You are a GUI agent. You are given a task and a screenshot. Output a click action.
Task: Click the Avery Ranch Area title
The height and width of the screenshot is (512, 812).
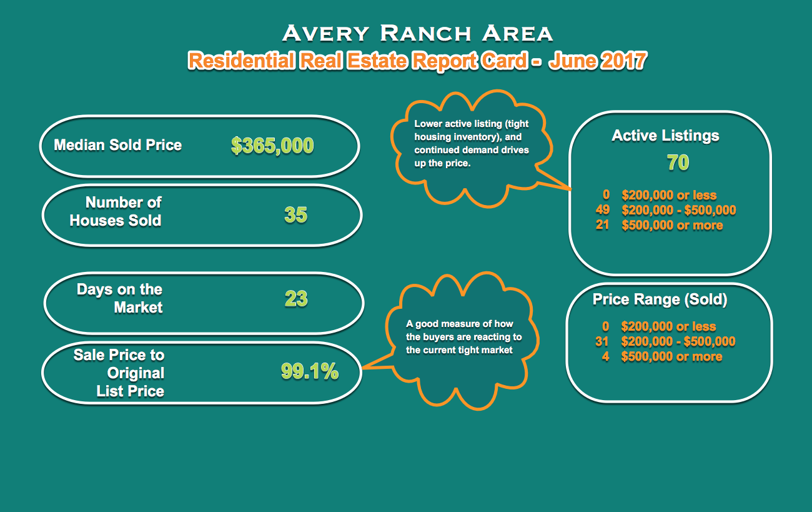(x=418, y=33)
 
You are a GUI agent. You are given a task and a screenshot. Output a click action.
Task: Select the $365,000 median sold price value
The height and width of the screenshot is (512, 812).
(x=272, y=146)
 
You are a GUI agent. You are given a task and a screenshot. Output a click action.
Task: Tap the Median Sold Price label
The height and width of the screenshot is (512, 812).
(x=118, y=145)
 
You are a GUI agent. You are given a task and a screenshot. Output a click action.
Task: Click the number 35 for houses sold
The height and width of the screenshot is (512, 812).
(x=296, y=214)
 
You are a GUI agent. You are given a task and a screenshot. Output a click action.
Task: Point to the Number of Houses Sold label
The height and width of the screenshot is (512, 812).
(x=116, y=211)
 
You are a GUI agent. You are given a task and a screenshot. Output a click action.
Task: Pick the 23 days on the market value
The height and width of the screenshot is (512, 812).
(x=296, y=299)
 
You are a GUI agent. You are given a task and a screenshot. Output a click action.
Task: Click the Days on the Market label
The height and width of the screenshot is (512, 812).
(x=120, y=298)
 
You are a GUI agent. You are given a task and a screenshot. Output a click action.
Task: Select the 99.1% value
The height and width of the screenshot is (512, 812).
(x=310, y=371)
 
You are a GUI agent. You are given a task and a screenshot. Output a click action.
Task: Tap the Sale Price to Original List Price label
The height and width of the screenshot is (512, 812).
(x=119, y=373)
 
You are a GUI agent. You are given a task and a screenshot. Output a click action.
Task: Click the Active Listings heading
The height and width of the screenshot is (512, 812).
(x=665, y=136)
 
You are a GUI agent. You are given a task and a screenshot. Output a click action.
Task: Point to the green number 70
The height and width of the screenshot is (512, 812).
(x=678, y=162)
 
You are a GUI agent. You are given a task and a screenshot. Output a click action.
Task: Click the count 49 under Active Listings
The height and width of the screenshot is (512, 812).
(x=603, y=209)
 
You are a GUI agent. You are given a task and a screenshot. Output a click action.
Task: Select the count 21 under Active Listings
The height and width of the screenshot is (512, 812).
(x=603, y=225)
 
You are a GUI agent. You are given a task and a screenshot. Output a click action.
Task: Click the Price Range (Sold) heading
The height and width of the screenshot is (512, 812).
(x=660, y=299)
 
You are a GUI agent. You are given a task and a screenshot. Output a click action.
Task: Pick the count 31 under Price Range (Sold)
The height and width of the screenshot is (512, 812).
(x=602, y=341)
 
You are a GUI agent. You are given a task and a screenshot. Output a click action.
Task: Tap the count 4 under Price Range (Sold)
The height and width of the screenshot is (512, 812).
(x=605, y=357)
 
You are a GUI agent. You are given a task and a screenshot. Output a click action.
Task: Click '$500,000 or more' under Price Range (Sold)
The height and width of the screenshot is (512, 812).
(x=671, y=357)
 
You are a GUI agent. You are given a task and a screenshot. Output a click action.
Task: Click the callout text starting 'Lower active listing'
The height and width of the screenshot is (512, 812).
(x=472, y=143)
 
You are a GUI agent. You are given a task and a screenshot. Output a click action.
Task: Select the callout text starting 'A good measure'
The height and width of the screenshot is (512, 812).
(x=463, y=337)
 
